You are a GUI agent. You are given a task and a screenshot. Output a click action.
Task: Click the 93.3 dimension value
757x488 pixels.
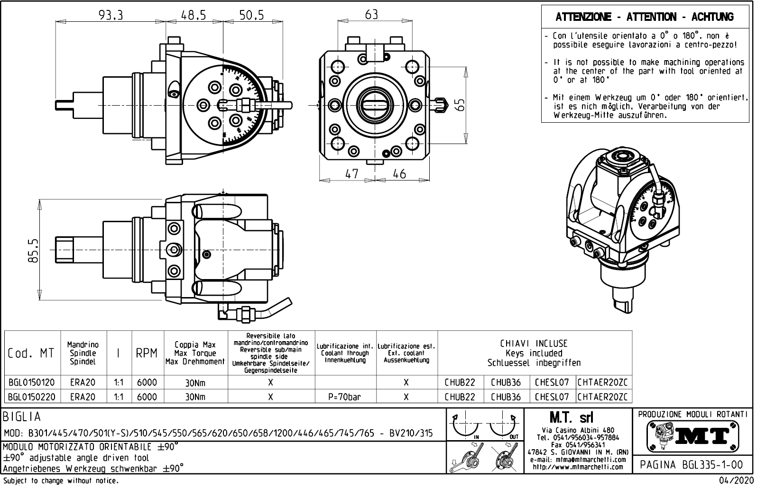click(x=110, y=15)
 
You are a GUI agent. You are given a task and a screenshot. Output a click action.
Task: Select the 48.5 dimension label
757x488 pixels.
click(x=194, y=15)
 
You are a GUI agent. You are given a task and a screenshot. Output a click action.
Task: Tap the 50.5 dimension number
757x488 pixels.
click(x=251, y=15)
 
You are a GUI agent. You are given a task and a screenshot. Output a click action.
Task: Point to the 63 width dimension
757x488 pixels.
click(x=371, y=15)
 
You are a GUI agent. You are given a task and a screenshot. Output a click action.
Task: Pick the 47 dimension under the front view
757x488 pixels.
click(x=351, y=174)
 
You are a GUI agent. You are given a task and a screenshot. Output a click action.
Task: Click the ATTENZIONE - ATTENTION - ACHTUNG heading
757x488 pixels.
click(x=644, y=18)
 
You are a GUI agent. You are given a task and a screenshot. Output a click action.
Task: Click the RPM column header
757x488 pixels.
click(x=147, y=353)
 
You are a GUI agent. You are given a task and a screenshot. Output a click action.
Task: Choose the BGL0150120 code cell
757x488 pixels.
click(x=31, y=383)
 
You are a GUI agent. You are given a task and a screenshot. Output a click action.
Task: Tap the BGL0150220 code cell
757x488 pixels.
click(x=31, y=397)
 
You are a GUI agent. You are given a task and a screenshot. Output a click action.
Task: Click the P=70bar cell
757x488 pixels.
click(x=344, y=397)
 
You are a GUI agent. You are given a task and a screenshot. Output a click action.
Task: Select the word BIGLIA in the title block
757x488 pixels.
click(x=22, y=417)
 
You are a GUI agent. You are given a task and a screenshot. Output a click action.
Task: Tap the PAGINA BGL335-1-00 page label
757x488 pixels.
click(x=693, y=465)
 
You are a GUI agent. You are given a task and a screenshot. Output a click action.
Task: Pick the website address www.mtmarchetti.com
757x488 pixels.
click(x=578, y=467)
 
